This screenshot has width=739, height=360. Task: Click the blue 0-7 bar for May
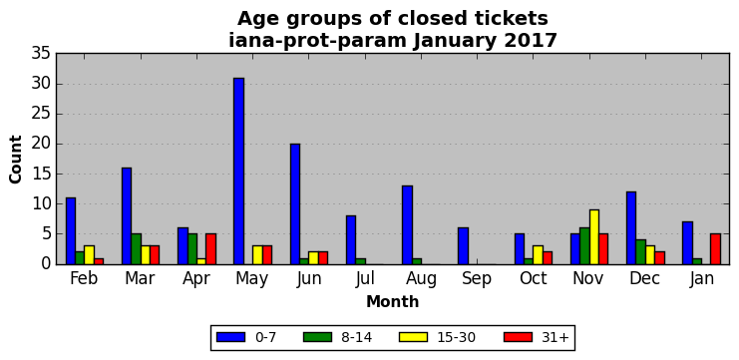(239, 172)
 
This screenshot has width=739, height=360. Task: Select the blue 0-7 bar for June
(295, 204)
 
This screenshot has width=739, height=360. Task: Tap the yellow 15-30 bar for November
(593, 237)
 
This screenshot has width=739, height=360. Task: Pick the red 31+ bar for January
(715, 249)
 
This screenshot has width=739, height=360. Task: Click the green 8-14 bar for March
(137, 249)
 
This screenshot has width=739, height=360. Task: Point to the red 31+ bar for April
(210, 249)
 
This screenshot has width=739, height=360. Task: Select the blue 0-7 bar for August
(407, 225)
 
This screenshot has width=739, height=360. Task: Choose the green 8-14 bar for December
(640, 252)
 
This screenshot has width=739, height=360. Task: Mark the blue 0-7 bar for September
(464, 246)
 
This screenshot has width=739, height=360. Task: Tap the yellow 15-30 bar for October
(538, 255)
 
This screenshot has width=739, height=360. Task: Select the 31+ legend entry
(537, 337)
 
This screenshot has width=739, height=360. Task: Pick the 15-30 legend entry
(437, 337)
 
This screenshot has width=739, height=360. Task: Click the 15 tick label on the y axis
(41, 175)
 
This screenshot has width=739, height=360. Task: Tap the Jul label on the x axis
(365, 279)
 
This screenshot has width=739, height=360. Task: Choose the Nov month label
(588, 279)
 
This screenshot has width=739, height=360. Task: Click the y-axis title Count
(16, 160)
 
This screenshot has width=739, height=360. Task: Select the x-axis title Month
(393, 301)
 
